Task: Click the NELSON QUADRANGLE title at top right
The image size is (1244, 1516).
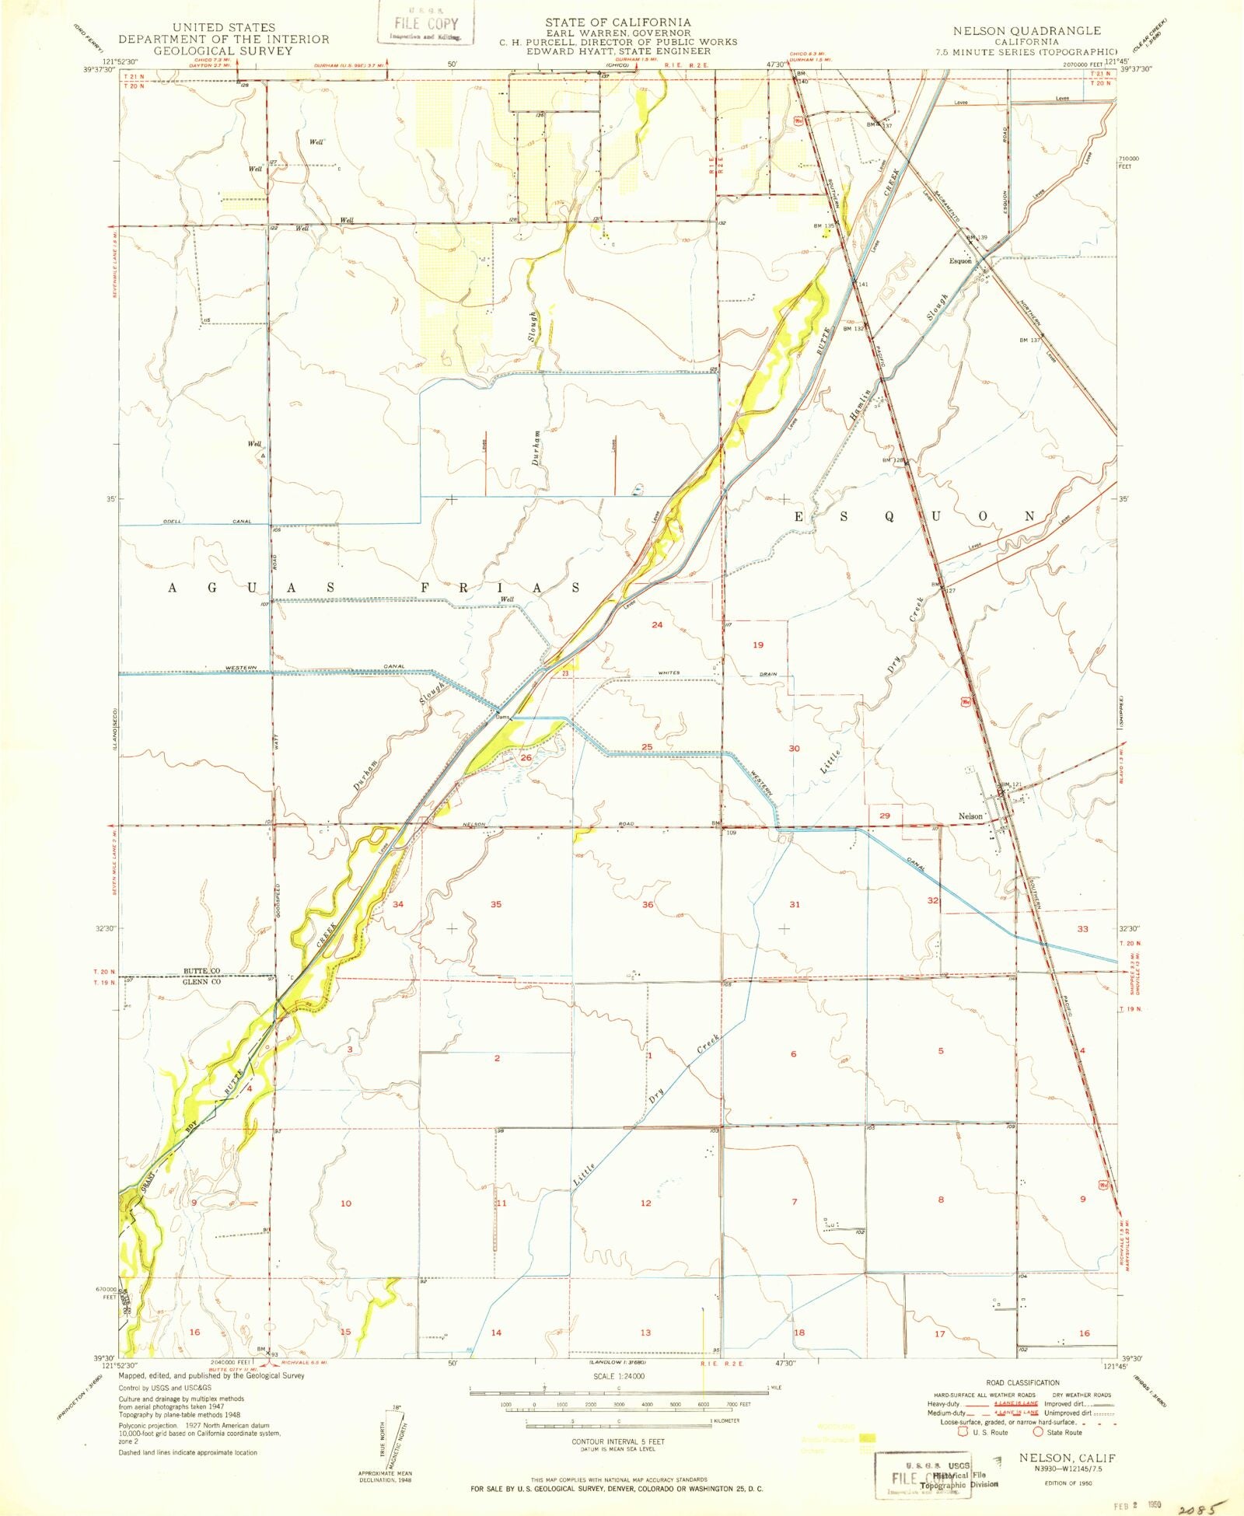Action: (1027, 30)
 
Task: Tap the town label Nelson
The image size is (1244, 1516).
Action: (970, 816)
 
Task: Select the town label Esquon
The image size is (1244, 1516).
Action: (960, 261)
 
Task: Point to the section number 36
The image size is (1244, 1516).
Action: (648, 904)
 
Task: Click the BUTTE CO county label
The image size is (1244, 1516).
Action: (202, 971)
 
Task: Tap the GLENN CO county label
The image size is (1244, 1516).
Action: (202, 982)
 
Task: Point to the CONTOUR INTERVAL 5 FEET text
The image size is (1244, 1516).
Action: (618, 1441)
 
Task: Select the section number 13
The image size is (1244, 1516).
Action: (645, 1333)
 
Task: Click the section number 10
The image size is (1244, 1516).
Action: (346, 1203)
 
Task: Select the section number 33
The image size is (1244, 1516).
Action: (1082, 929)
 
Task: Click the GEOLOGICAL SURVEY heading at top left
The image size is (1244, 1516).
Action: (223, 51)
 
